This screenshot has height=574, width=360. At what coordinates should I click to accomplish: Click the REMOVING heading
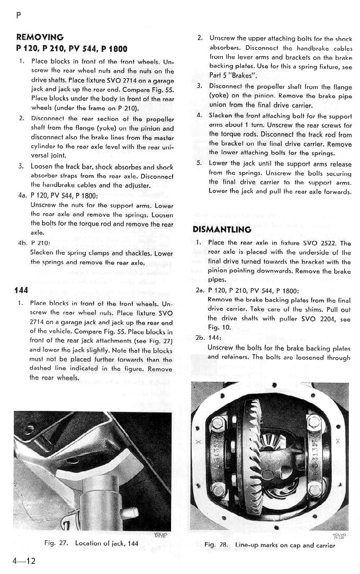[40, 37]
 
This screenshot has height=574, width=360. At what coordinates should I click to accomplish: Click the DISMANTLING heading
[222, 229]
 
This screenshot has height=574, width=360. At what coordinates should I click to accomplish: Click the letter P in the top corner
[19, 15]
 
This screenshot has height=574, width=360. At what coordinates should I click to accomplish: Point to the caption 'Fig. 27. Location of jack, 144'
[88, 543]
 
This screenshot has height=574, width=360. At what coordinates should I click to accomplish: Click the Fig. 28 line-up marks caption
[269, 545]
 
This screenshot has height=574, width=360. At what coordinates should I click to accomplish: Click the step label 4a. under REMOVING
[23, 195]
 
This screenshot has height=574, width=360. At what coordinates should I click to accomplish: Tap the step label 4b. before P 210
[23, 243]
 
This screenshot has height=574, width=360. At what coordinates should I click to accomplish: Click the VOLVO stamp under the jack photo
[159, 534]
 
